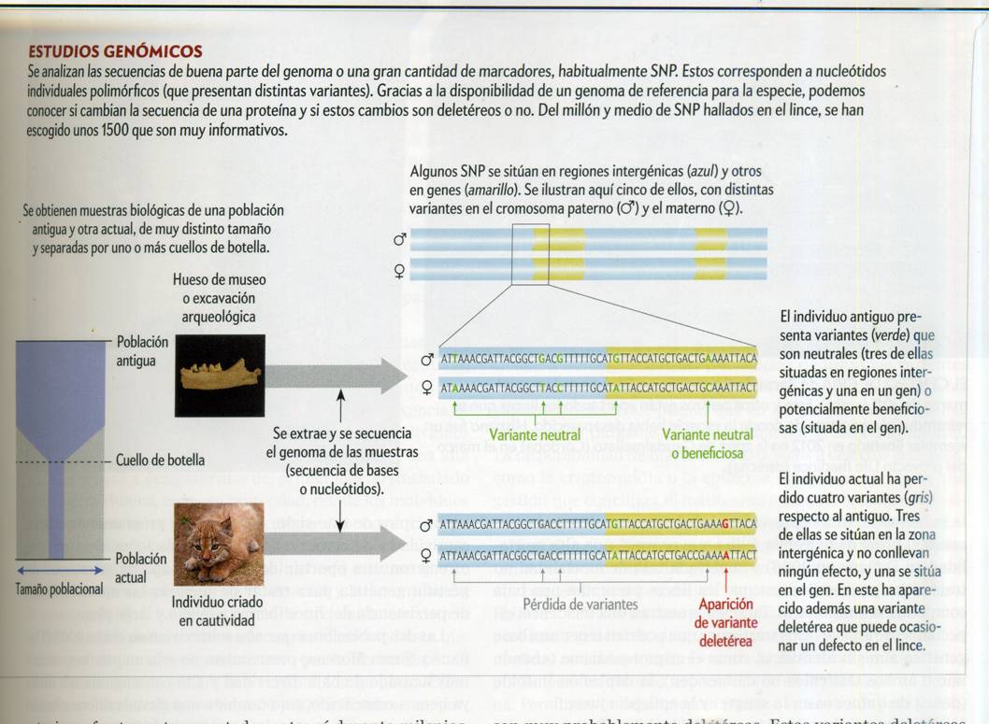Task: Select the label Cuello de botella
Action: (161, 461)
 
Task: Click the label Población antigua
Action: (142, 351)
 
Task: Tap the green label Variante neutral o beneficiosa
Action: (704, 443)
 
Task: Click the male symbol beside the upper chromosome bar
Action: (400, 240)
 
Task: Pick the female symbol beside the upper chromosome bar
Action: (400, 272)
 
